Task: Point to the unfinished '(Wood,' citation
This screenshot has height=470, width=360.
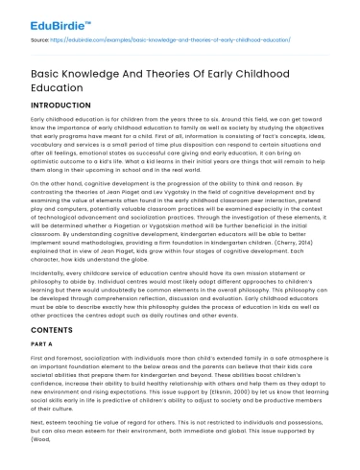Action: pyautogui.click(x=45, y=453)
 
